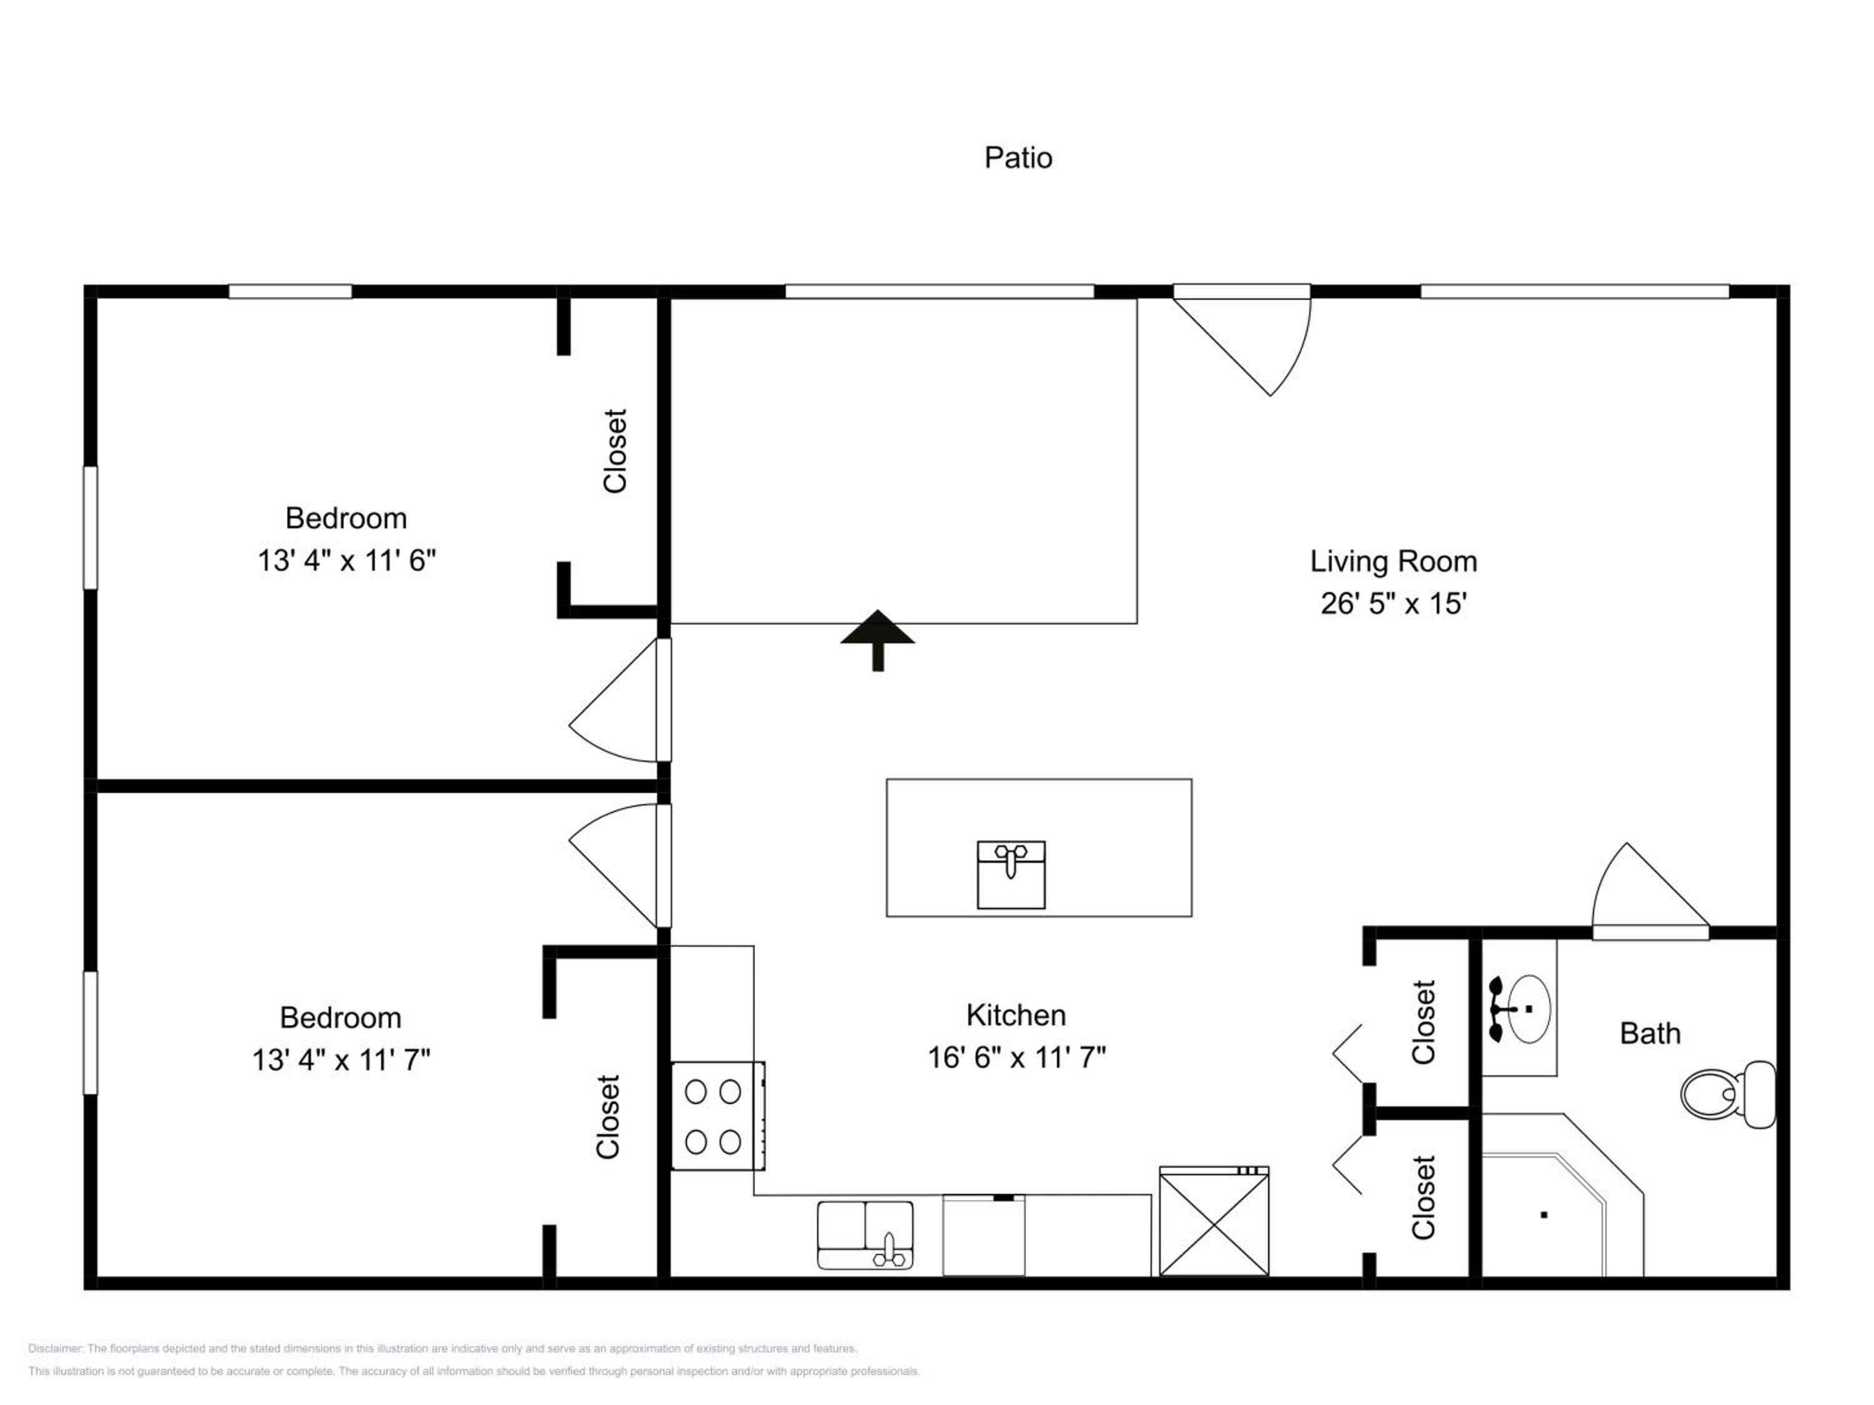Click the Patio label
(x=1018, y=157)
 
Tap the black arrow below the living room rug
(x=878, y=640)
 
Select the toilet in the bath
(x=1727, y=1094)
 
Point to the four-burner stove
(x=718, y=1117)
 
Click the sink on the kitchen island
(x=1011, y=875)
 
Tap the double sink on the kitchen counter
(x=865, y=1235)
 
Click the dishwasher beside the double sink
(x=984, y=1235)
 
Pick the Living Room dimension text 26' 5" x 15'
(x=1394, y=604)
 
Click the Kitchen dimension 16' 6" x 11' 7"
(x=1016, y=1058)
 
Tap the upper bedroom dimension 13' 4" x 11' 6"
(x=347, y=561)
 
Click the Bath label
(x=1650, y=1033)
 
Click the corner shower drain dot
(x=1544, y=1215)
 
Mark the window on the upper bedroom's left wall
(x=90, y=527)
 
